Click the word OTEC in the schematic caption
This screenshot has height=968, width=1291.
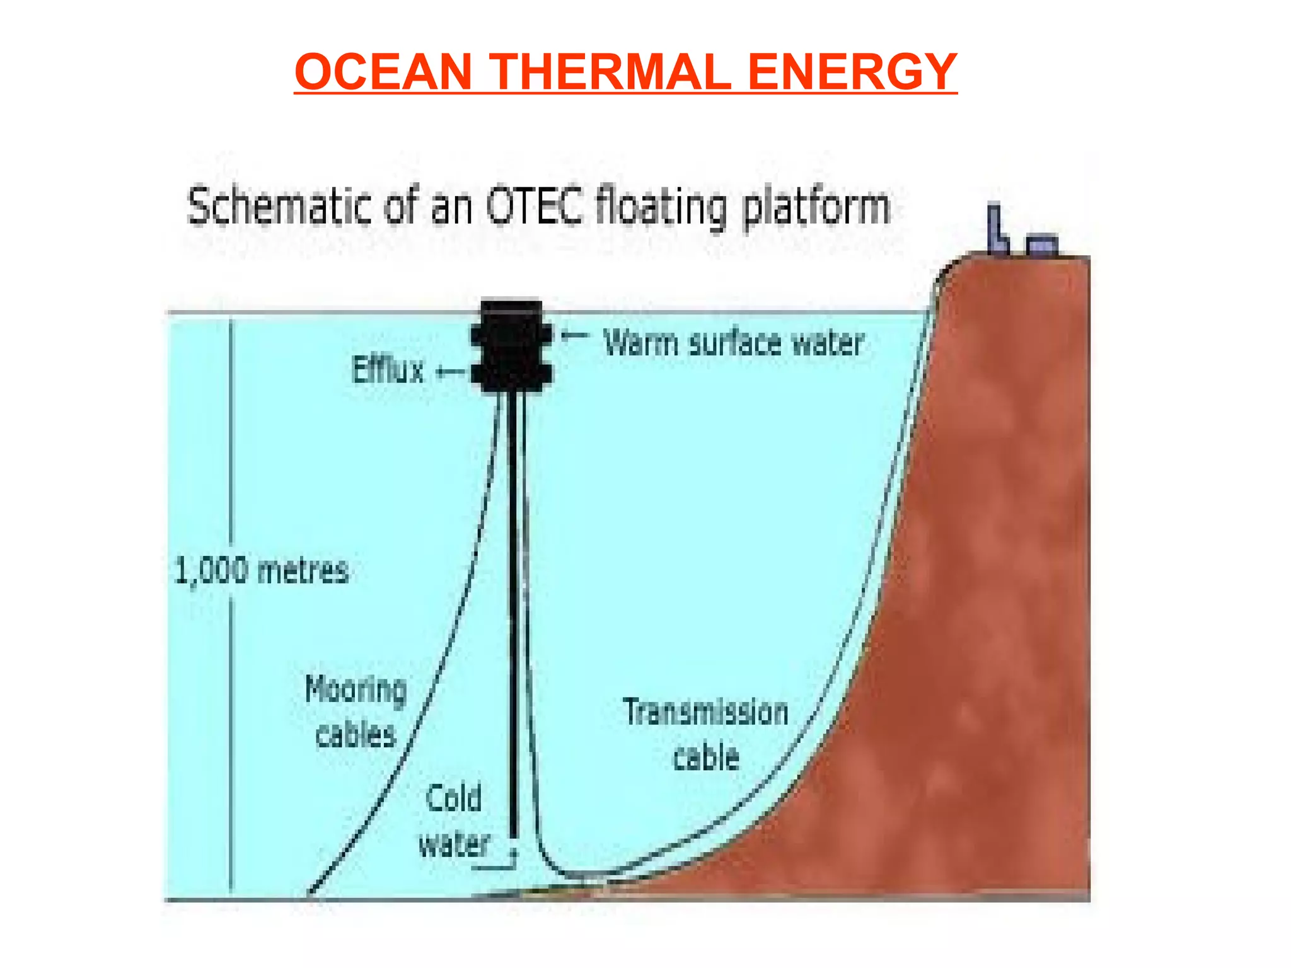pos(534,206)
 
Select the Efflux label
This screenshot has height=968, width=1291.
pos(388,370)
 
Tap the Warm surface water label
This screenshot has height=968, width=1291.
pos(733,343)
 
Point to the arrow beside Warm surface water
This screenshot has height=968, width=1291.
pos(574,336)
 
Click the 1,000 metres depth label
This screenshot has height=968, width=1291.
pos(261,571)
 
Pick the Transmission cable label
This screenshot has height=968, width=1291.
pos(706,734)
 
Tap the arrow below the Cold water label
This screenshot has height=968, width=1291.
pos(498,865)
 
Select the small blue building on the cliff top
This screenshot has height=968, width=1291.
pos(1042,245)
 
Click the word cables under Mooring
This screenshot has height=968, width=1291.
pos(356,735)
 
